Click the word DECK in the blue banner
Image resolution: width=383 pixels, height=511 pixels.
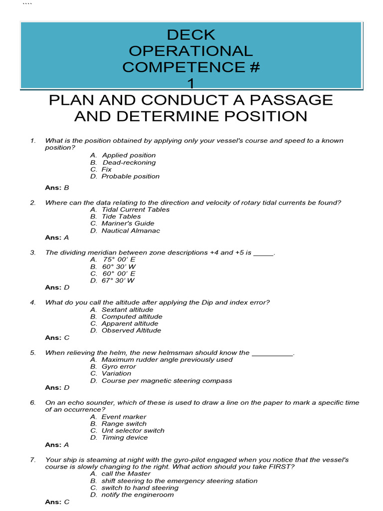[191, 35]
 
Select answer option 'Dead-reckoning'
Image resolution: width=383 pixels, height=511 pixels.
[129, 162]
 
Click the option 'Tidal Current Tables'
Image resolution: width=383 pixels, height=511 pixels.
[135, 210]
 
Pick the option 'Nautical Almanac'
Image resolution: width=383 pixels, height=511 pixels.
[131, 231]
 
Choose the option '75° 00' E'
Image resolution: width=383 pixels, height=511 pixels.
[119, 259]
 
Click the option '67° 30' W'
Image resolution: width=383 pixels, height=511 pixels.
[118, 280]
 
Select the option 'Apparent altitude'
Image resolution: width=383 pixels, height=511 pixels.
[130, 323]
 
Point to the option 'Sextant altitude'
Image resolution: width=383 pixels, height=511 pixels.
[127, 309]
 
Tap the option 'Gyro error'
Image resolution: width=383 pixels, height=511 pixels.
[119, 366]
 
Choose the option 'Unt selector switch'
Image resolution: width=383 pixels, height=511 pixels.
[133, 431]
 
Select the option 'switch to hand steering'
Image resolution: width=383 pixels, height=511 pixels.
[140, 488]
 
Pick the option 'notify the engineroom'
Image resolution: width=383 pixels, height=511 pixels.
[138, 495]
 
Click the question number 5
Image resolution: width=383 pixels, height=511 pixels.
[32, 353]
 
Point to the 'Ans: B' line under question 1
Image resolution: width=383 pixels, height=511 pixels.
[57, 188]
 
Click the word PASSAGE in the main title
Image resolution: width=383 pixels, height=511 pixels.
[294, 100]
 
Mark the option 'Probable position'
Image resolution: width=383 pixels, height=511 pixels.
[130, 176]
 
